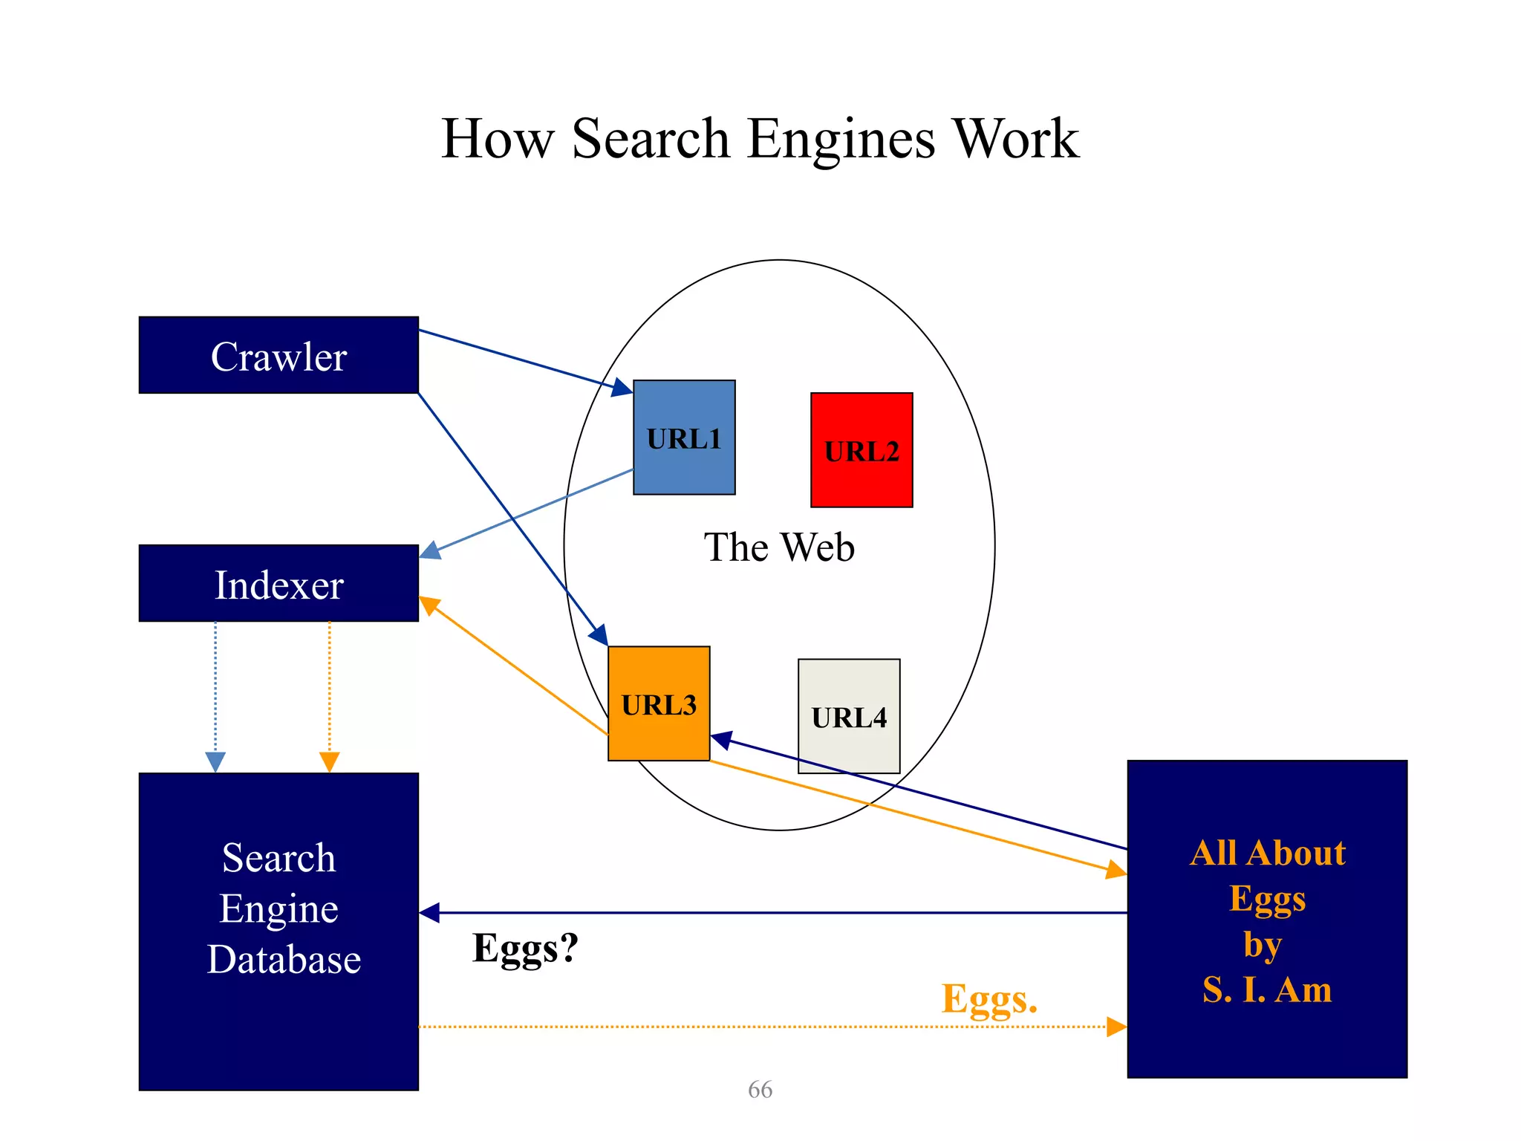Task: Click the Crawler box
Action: pos(279,355)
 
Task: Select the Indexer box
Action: pos(279,583)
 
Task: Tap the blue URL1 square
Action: pos(684,438)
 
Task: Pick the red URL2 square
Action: pos(862,450)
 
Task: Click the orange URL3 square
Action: pos(659,703)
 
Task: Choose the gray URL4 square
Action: pos(849,716)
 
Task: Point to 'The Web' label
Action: pos(779,547)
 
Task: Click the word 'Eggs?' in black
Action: pos(525,949)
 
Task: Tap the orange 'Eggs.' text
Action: pos(989,999)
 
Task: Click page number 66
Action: pos(760,1089)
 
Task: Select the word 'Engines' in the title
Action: pos(841,139)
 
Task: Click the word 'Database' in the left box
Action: pos(284,959)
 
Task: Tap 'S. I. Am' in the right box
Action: pos(1267,989)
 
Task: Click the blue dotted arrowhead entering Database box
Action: pos(215,762)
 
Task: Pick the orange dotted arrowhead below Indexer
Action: pos(329,762)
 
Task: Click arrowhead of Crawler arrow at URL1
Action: pos(622,388)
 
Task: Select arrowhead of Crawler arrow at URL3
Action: pos(599,635)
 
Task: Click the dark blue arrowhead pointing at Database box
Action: pos(429,913)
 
